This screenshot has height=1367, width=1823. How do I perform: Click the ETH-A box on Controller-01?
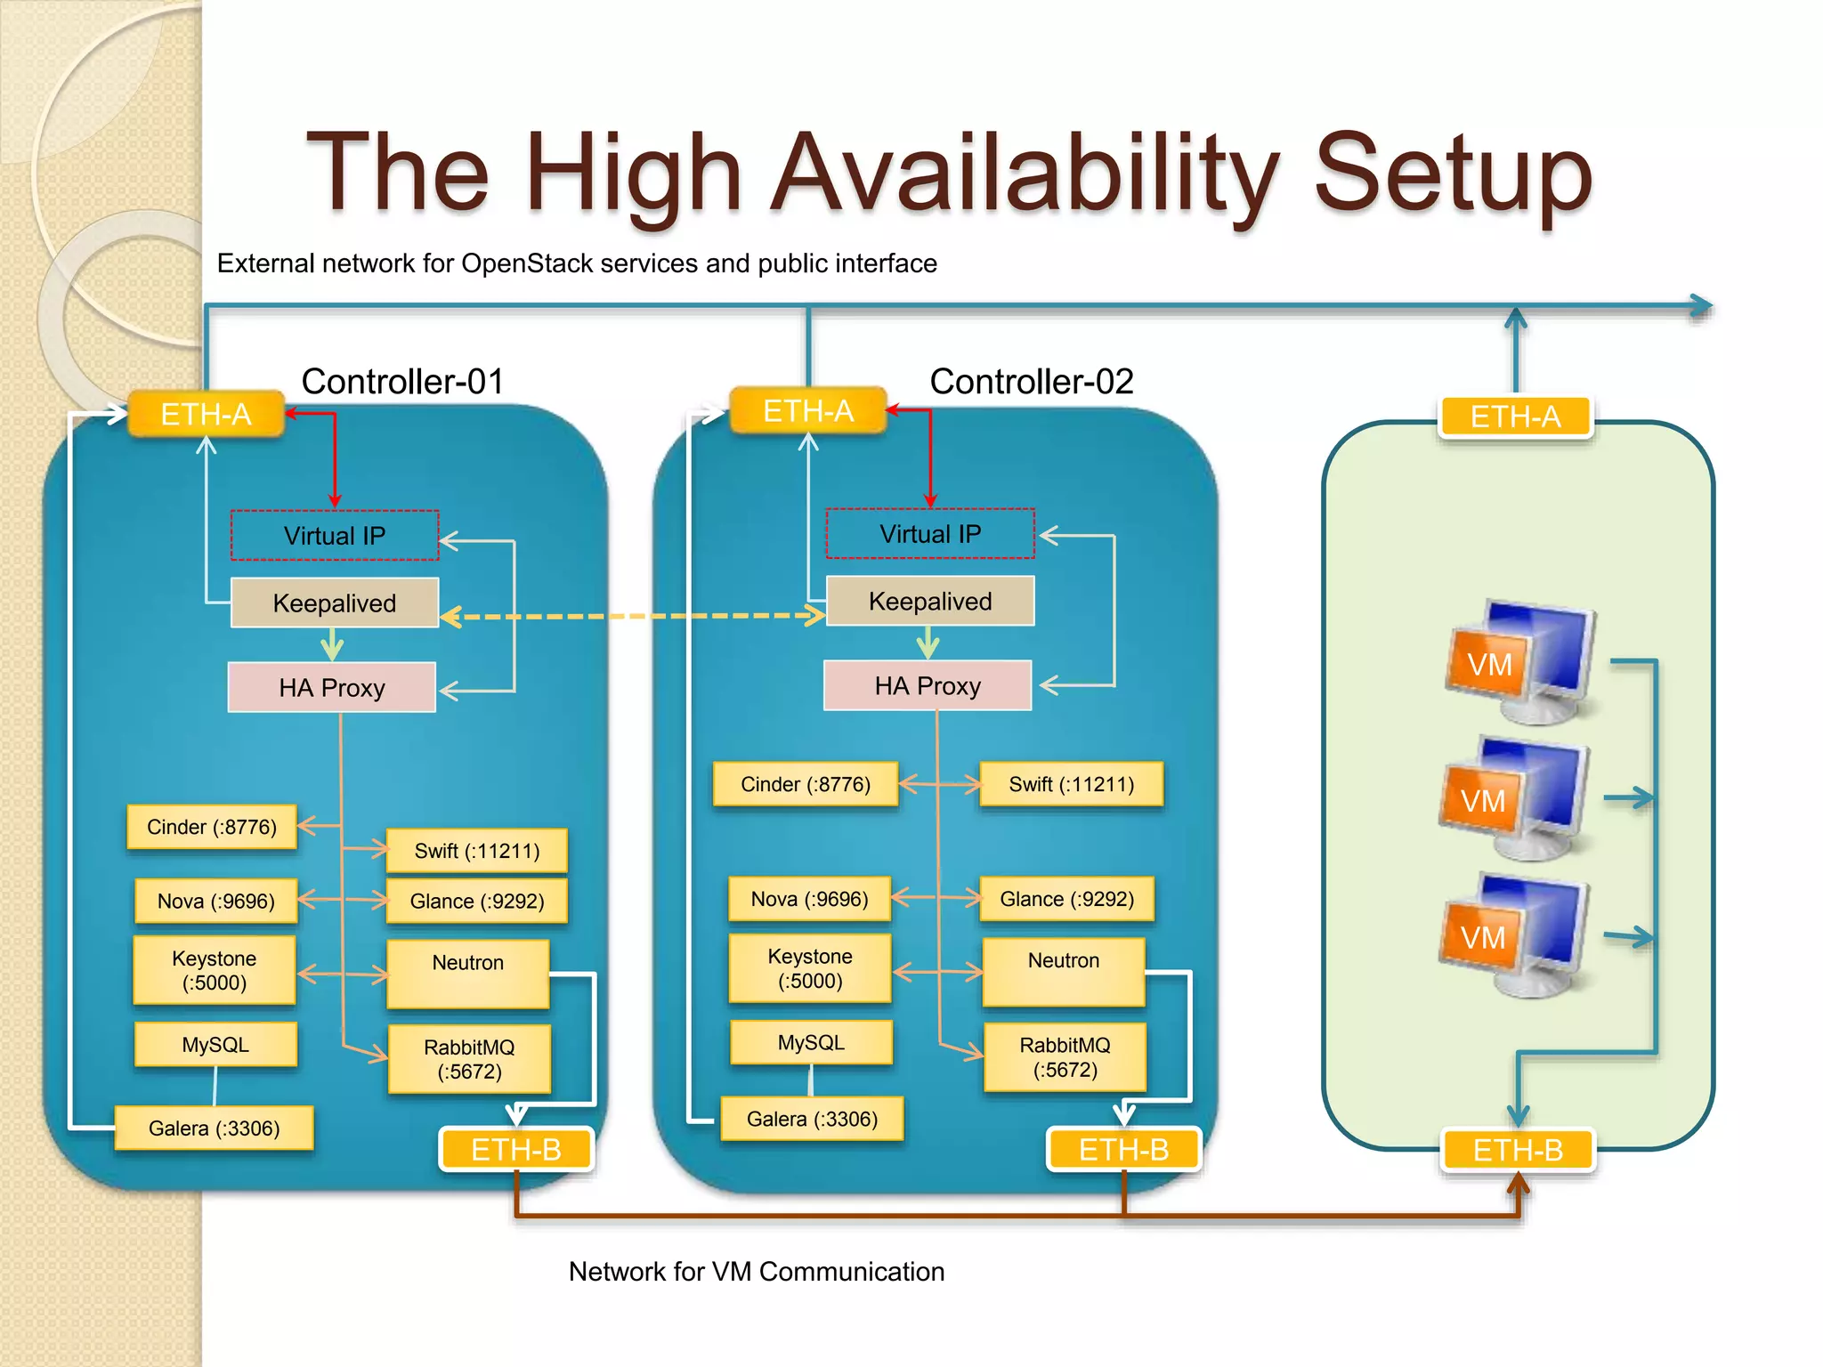206,415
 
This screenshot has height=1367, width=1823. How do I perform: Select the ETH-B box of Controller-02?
1123,1149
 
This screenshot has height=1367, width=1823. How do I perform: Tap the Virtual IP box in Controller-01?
335,536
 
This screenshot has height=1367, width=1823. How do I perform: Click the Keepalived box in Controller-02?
930,602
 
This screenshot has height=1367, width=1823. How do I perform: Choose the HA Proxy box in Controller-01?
332,687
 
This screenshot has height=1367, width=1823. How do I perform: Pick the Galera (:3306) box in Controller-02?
812,1119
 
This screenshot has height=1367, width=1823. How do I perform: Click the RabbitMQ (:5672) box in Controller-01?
469,1059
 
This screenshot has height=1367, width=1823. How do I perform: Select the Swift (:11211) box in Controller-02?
1071,784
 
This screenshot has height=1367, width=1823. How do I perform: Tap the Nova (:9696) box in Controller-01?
215,901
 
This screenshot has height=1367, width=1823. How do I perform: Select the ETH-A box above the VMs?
1515,417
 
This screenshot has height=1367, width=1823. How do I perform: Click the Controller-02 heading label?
1031,382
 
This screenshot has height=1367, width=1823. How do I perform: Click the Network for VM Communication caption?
757,1272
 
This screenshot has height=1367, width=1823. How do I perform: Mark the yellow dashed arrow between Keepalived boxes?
632,616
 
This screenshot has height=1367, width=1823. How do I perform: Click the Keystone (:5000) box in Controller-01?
215,970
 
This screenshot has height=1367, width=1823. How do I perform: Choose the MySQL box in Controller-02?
811,1042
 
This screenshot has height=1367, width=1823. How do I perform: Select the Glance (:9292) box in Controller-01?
477,901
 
